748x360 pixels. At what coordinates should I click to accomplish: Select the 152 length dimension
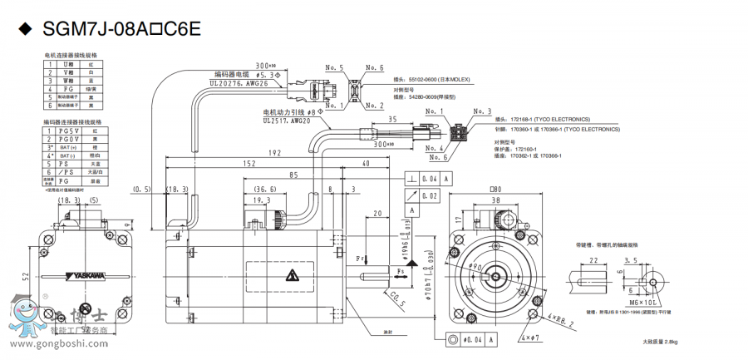(x=249, y=165)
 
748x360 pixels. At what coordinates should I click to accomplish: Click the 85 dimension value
(x=294, y=175)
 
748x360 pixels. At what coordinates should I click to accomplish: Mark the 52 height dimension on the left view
(x=27, y=276)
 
